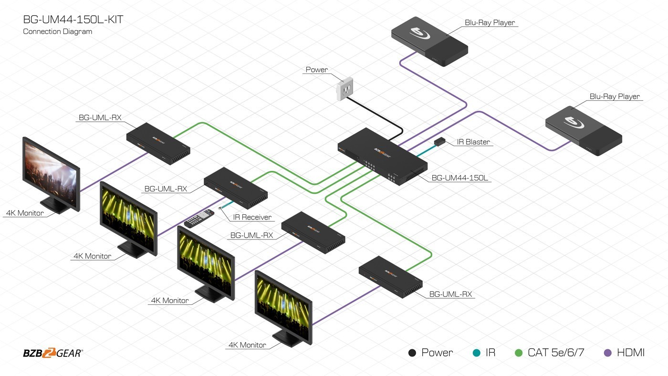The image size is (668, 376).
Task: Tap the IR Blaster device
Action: point(439,141)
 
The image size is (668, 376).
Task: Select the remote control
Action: point(199,218)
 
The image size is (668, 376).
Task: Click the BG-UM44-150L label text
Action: point(459,178)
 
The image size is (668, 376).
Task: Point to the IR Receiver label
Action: point(252,217)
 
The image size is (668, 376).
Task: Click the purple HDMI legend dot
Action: point(607,353)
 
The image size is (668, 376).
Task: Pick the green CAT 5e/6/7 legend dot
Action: point(519,353)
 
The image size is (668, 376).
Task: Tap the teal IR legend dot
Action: point(476,353)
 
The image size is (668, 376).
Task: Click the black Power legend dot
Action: point(412,353)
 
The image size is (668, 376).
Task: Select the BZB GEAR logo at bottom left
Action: point(52,353)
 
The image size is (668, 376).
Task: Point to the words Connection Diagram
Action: point(57,31)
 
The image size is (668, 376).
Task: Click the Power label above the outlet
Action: point(317,70)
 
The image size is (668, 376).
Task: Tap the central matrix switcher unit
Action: point(382,158)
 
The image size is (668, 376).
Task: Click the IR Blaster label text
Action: point(473,142)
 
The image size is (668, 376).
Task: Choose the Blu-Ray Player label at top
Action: point(490,22)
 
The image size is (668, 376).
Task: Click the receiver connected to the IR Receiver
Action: point(236,188)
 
